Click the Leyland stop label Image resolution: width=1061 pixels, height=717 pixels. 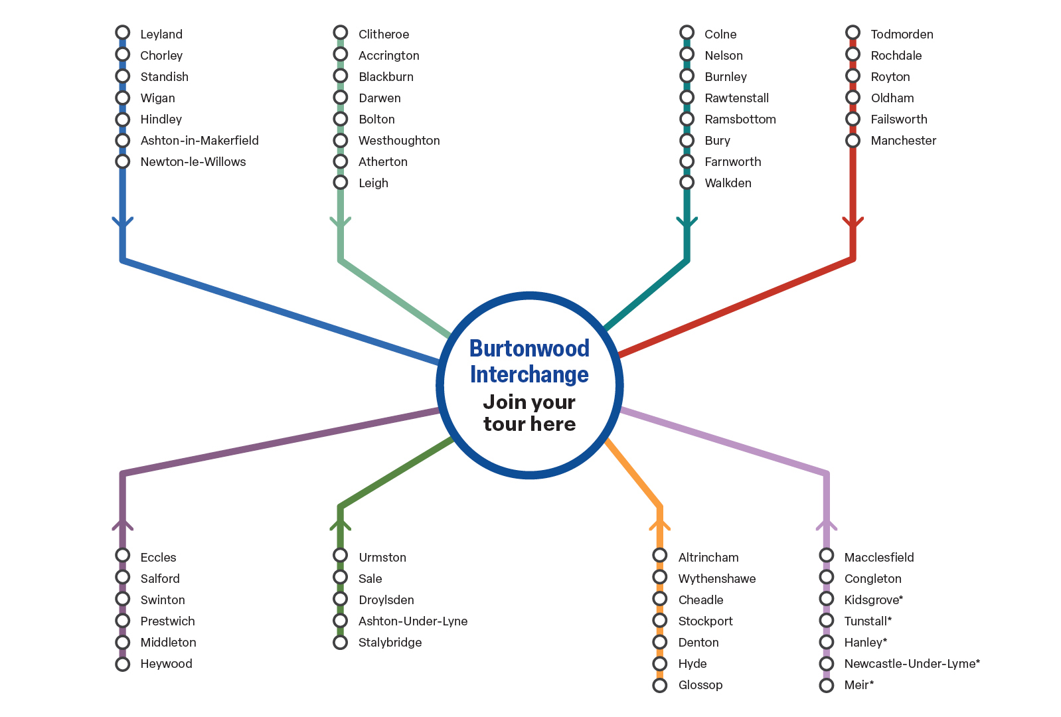click(161, 35)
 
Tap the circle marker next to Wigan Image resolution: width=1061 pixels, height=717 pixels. click(123, 98)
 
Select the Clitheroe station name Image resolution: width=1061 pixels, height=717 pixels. click(384, 35)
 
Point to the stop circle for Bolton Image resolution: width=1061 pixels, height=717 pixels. click(341, 119)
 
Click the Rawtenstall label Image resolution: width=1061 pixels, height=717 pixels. click(736, 98)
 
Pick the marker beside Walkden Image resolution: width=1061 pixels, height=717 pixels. click(687, 183)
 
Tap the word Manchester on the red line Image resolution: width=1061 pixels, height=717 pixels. click(903, 141)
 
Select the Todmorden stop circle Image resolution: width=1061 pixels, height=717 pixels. click(853, 33)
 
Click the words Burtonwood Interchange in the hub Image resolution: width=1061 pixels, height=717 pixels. click(529, 362)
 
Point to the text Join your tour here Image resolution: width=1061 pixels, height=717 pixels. click(529, 413)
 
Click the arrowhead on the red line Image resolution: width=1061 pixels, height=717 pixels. click(853, 223)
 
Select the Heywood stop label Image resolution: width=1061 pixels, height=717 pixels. click(166, 664)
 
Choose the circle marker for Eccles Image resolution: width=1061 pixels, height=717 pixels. click(123, 556)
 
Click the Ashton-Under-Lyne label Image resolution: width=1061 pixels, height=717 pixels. click(413, 621)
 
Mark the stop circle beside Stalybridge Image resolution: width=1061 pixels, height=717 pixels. click(341, 642)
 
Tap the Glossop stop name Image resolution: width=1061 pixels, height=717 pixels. click(700, 685)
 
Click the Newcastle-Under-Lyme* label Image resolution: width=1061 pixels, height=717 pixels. click(912, 664)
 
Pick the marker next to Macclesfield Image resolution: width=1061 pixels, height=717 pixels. click(827, 556)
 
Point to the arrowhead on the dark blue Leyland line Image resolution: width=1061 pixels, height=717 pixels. click(123, 223)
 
